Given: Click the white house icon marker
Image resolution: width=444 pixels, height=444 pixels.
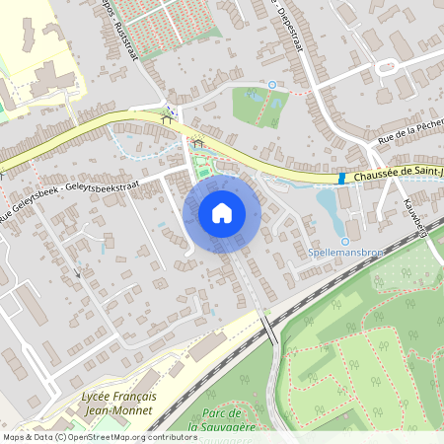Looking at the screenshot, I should (x=222, y=212).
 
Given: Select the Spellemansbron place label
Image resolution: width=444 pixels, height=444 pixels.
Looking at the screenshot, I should (x=345, y=254).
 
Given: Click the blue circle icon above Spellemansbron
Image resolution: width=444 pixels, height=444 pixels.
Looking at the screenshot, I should (x=345, y=242).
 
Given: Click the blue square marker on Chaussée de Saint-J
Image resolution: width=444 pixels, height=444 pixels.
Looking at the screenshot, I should (x=341, y=179).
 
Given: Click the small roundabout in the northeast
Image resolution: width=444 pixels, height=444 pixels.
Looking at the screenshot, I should (x=384, y=68).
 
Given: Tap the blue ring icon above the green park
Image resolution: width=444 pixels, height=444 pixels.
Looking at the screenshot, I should (x=272, y=85).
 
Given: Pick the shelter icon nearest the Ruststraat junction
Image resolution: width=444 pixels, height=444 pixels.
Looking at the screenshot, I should (x=164, y=116).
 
